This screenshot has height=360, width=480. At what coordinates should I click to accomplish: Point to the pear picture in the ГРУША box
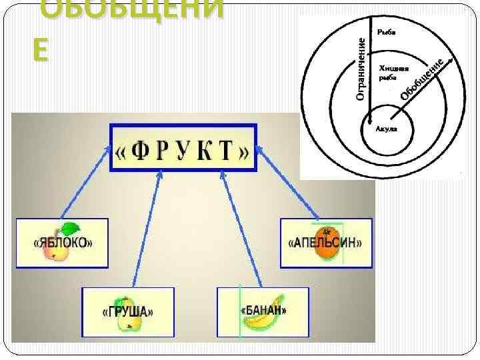(128, 320)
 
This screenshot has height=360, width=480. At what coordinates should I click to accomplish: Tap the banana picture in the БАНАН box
(255, 321)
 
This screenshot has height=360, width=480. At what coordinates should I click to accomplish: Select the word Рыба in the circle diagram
(385, 31)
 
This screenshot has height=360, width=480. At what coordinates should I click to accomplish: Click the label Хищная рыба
(393, 72)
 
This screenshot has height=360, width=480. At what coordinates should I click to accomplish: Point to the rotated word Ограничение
(361, 69)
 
